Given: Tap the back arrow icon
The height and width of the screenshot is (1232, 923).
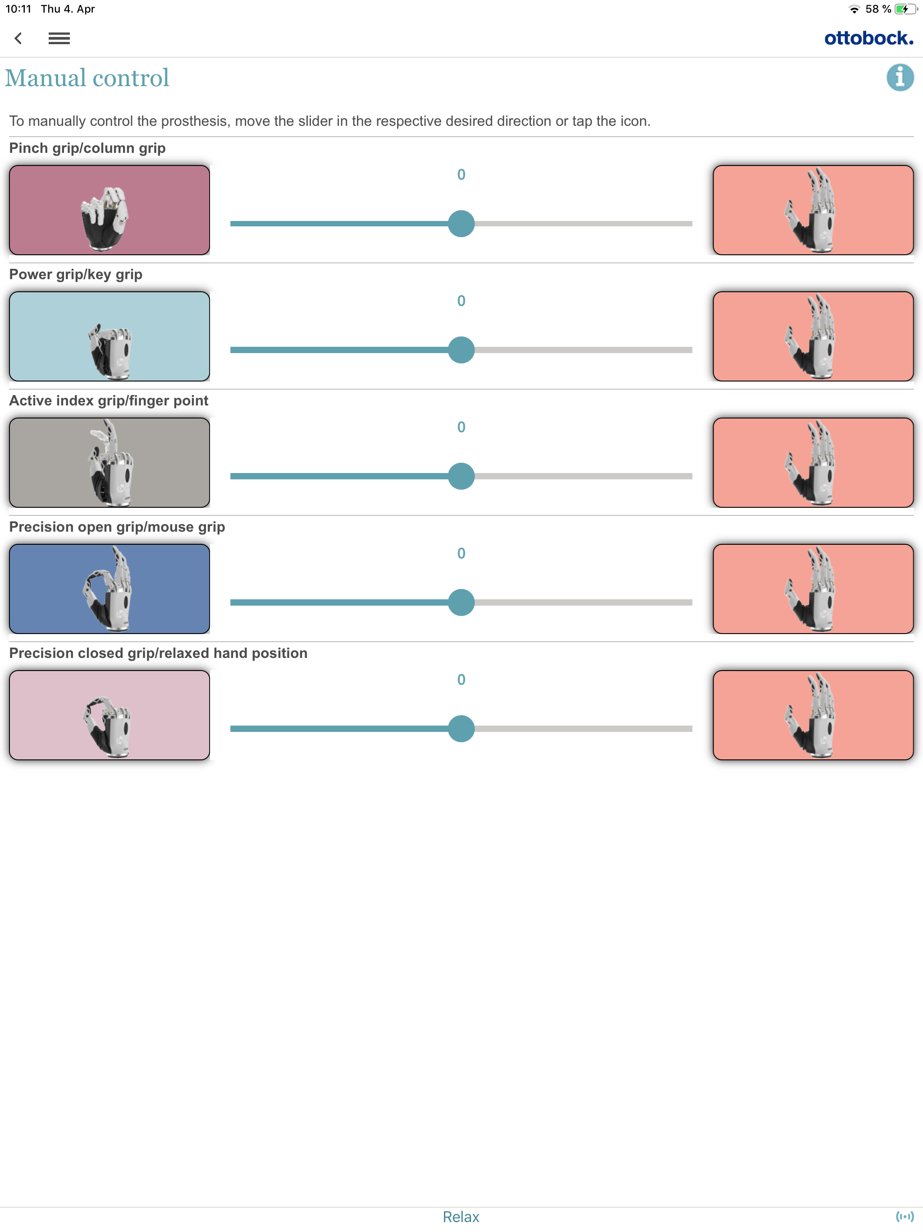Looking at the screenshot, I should click(x=18, y=38).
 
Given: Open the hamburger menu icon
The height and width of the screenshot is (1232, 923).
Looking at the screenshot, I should click(x=59, y=38).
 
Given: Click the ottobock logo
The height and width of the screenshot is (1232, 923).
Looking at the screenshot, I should click(x=868, y=38).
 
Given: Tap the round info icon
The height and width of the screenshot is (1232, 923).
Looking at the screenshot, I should click(x=900, y=78).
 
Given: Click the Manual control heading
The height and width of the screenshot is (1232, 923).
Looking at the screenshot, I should click(x=87, y=78).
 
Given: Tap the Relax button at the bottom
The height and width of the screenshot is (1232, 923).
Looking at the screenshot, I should click(x=461, y=1216).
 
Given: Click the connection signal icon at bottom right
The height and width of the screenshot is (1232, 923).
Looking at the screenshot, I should click(x=904, y=1216).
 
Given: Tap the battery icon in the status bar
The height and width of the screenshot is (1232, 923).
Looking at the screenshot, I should click(x=905, y=9).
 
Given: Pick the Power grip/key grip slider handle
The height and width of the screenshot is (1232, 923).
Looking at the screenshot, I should click(x=461, y=350).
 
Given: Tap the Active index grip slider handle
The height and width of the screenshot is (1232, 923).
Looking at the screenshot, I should click(x=461, y=476).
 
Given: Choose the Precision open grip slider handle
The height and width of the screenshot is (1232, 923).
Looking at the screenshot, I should click(x=461, y=602).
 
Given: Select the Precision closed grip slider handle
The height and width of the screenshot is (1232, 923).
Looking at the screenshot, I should click(x=461, y=728).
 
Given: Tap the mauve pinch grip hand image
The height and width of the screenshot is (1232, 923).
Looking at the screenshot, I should click(x=110, y=210).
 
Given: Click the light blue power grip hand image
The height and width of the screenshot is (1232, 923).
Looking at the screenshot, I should click(x=110, y=336).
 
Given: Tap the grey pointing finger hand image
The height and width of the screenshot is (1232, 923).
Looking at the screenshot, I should click(x=110, y=462).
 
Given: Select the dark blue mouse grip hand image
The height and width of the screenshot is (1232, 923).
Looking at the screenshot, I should click(x=110, y=588).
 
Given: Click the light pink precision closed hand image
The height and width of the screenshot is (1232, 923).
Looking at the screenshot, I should click(x=110, y=715).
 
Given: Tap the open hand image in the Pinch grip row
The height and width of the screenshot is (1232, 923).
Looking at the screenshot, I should click(x=813, y=210).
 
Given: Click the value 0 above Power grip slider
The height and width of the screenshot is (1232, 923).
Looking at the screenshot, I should click(x=461, y=301).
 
